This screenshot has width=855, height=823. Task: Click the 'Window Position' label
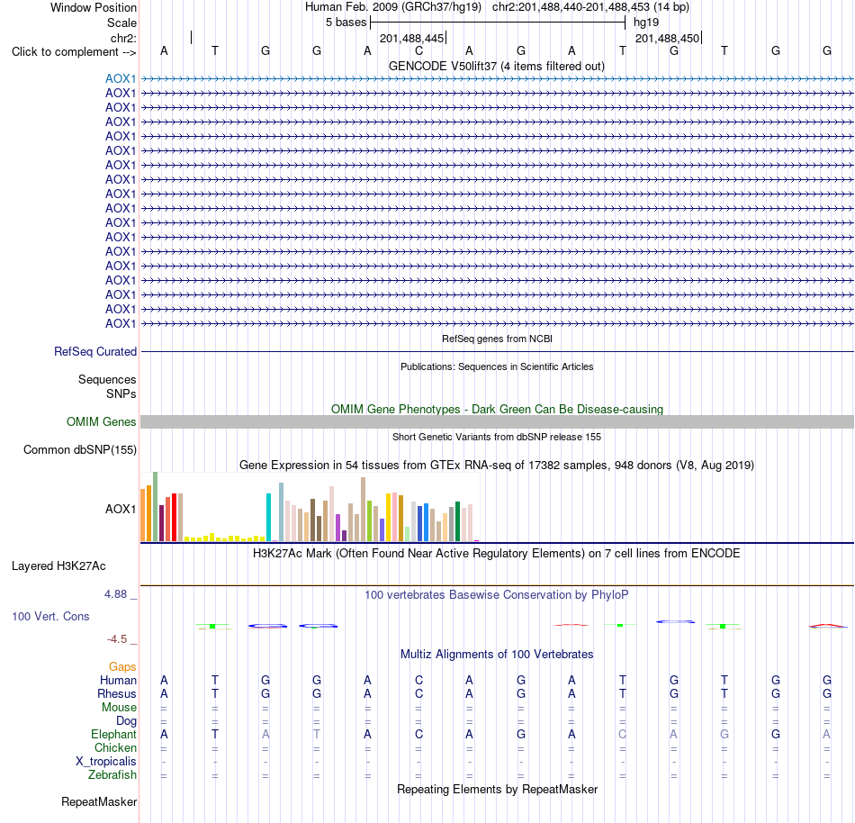(94, 7)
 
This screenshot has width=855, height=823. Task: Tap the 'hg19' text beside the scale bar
(646, 23)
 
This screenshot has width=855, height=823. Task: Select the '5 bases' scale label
(346, 23)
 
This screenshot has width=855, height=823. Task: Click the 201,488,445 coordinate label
(411, 38)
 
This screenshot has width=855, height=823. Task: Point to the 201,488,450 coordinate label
(668, 38)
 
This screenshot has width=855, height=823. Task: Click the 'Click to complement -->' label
(74, 52)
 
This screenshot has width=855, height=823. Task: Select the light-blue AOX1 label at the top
(121, 78)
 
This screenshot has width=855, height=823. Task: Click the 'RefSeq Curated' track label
(95, 352)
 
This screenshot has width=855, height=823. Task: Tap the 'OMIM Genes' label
(102, 421)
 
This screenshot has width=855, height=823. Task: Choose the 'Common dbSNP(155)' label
(80, 450)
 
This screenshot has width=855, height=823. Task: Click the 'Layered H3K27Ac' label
(58, 566)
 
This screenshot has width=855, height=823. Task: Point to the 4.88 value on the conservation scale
(115, 594)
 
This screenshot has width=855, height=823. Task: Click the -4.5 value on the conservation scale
(117, 638)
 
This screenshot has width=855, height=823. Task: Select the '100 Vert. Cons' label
(50, 616)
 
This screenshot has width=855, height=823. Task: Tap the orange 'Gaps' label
(122, 667)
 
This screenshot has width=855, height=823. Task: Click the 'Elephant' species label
(114, 735)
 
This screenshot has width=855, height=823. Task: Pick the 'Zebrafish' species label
(112, 775)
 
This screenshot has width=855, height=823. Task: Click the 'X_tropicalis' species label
(106, 762)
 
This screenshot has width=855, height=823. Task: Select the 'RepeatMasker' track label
(99, 801)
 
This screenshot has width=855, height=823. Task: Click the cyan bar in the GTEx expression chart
(268, 517)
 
